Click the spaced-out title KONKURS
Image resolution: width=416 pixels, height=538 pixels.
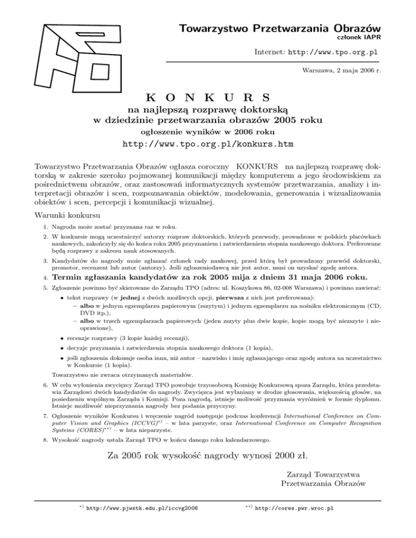coord(208,99)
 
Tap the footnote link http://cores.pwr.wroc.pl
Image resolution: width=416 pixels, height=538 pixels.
coord(294,509)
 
